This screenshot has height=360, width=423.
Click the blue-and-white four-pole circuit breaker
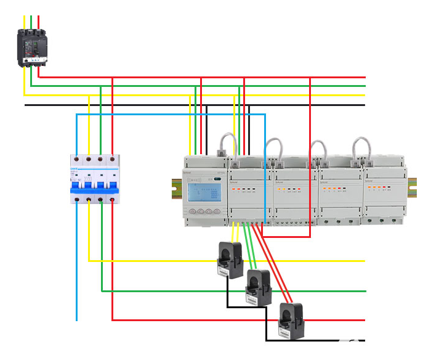[94, 179]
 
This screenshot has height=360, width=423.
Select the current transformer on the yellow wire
[228, 260]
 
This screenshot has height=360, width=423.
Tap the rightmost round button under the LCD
[217, 211]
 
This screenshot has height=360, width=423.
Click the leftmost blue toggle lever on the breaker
[77, 185]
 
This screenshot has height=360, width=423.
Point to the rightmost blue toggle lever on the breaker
[113, 185]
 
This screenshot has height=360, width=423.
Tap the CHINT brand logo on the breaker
[74, 168]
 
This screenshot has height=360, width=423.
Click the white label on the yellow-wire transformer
[223, 271]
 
